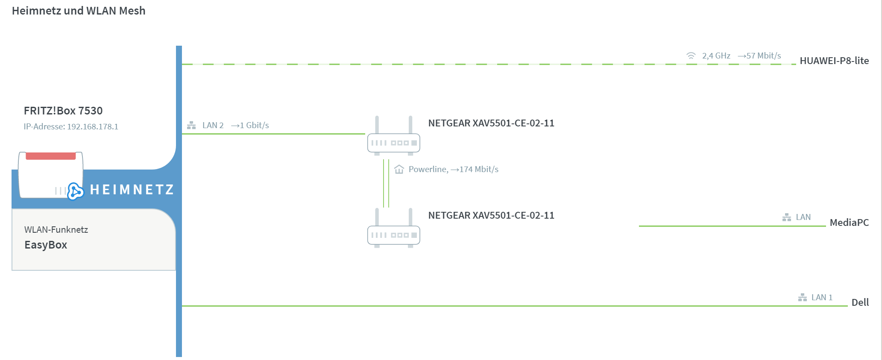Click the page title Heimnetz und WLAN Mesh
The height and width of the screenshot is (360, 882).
[79, 11]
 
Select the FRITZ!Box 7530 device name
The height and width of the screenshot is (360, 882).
[63, 111]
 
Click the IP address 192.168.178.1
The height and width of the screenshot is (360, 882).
[93, 126]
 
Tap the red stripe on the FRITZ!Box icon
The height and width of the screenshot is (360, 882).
[51, 156]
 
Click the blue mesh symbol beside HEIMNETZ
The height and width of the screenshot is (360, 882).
[76, 191]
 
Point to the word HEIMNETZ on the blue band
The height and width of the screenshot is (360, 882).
[132, 190]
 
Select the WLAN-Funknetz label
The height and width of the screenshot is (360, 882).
[56, 230]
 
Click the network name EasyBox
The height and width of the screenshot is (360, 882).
[46, 245]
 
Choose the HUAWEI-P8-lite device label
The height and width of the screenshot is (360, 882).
[834, 61]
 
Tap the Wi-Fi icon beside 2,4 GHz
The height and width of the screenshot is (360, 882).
[691, 56]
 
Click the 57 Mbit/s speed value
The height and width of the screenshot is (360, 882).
[764, 56]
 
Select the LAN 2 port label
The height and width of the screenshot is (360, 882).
[213, 125]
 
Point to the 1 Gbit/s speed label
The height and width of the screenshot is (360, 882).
[254, 125]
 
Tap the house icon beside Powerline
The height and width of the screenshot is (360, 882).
[399, 169]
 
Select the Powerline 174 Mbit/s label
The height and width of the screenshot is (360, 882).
[454, 169]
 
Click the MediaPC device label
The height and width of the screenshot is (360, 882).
[849, 222]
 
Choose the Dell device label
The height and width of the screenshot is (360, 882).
[860, 302]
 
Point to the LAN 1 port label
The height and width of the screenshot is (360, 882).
[822, 297]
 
